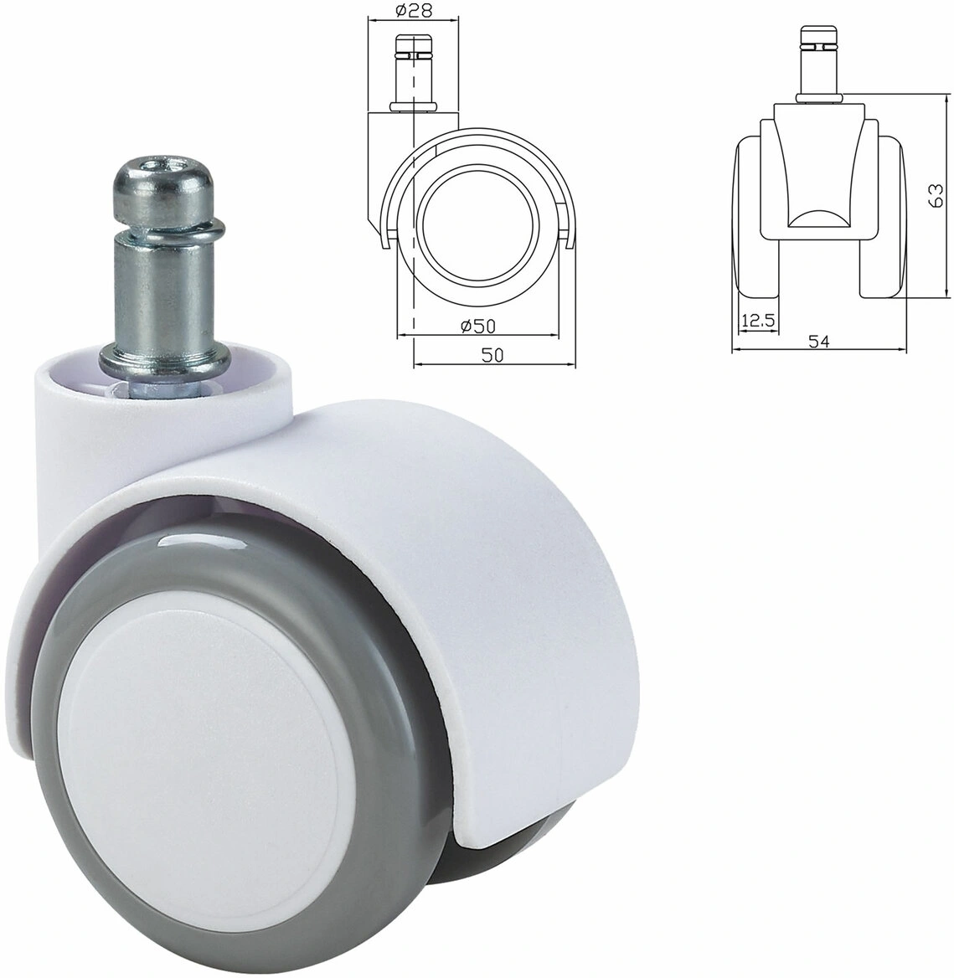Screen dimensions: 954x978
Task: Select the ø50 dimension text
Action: pyautogui.click(x=477, y=326)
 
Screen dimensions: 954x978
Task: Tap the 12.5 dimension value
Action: pyautogui.click(x=758, y=321)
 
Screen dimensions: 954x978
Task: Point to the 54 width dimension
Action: pyautogui.click(x=818, y=341)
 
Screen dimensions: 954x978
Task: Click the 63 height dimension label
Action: pyautogui.click(x=936, y=196)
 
